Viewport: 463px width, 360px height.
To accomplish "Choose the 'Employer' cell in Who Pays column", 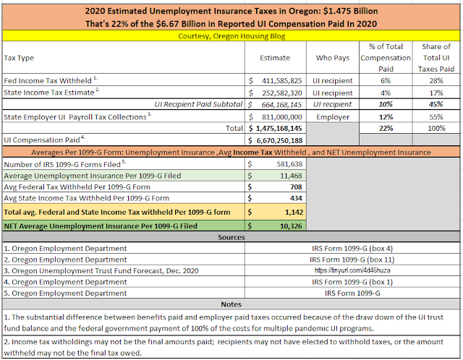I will point(333,116).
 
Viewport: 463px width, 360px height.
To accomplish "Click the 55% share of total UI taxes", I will point(436,116).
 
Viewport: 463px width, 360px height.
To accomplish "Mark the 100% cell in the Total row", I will point(436,128).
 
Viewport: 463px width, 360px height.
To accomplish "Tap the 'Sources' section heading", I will point(231,238).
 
